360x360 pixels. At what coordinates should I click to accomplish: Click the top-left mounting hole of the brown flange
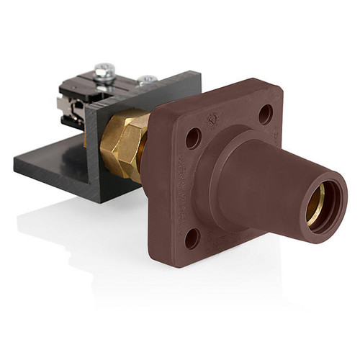(193, 138)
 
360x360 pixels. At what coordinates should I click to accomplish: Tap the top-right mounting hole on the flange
(266, 114)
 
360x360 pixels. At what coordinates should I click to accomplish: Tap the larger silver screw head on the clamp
(104, 70)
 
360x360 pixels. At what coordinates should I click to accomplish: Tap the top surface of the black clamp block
(122, 86)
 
